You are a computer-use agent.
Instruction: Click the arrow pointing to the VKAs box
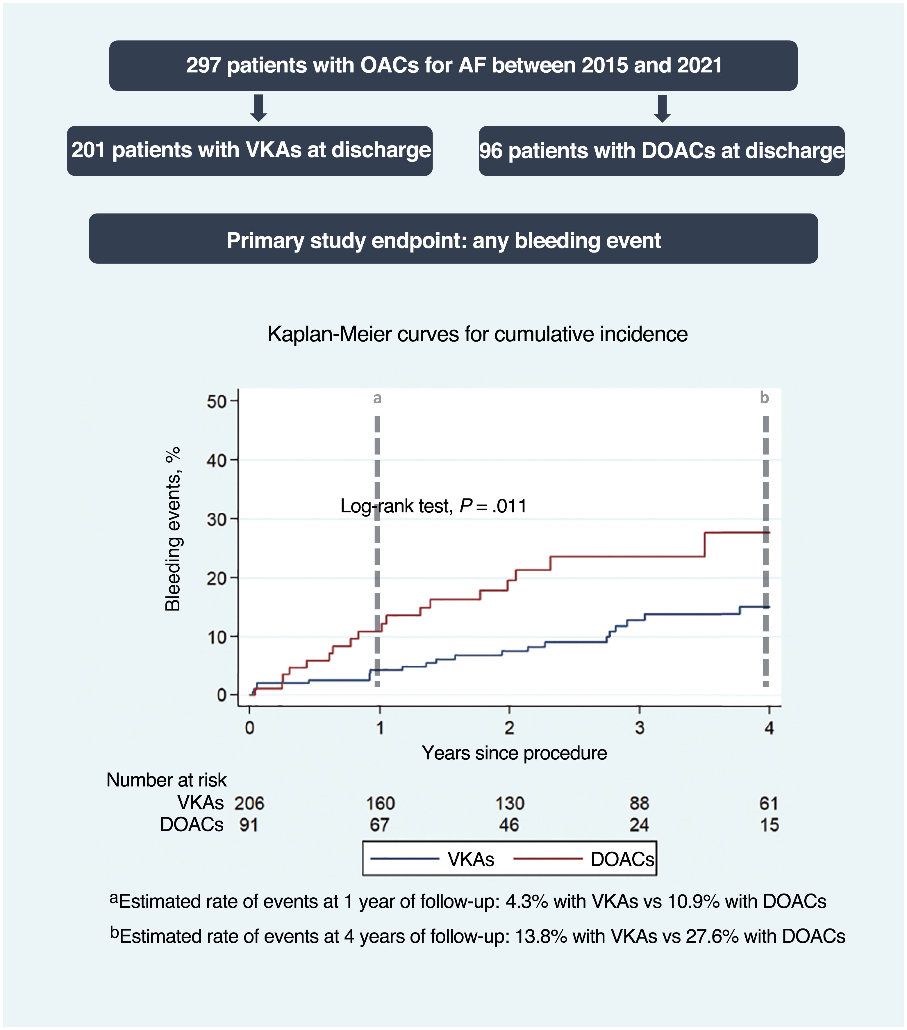coord(258,108)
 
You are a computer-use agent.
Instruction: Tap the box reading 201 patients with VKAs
coord(250,151)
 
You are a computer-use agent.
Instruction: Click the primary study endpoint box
coord(453,239)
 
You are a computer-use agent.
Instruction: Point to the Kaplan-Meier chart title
coord(477,334)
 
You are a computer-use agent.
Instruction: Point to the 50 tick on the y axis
coord(217,402)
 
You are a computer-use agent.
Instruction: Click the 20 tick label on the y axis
coord(217,578)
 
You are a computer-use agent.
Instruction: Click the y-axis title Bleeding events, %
coord(173,529)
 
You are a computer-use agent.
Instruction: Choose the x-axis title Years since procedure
coord(514,753)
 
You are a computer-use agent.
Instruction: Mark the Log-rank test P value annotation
coord(433,506)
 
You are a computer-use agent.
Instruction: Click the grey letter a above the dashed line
coord(377,398)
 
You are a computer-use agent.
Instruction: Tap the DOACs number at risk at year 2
coord(509,825)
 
